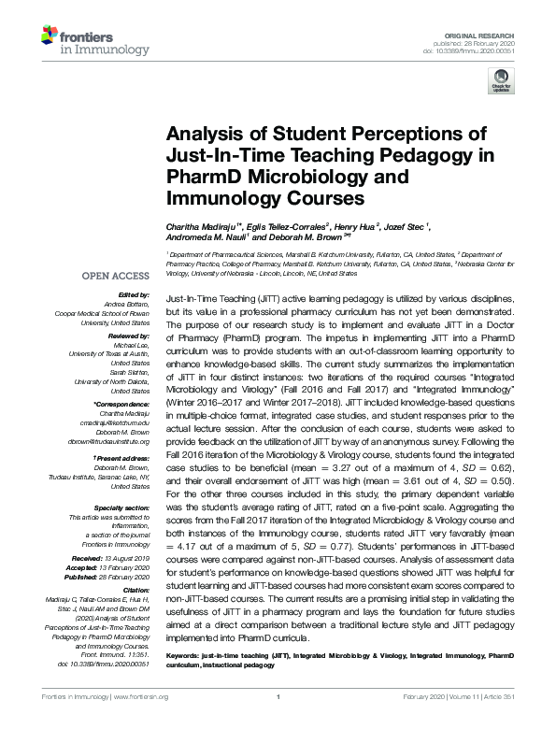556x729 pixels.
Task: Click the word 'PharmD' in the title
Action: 208,177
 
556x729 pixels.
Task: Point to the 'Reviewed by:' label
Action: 127,335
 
